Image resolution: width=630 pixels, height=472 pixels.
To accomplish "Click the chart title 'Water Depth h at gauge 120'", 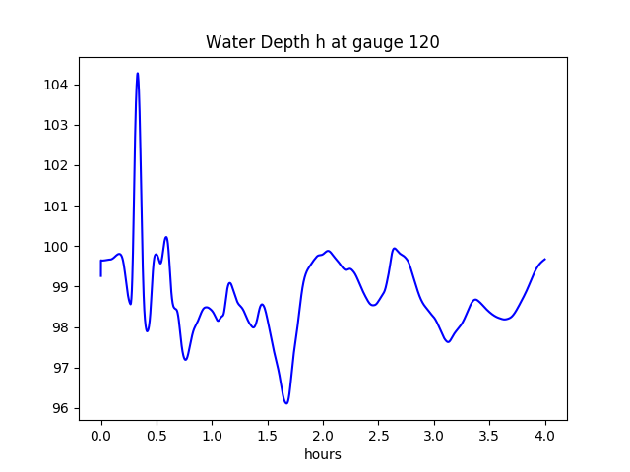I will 322,43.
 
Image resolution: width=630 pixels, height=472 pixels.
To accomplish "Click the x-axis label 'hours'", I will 322,455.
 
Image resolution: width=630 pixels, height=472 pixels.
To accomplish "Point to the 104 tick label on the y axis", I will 55,85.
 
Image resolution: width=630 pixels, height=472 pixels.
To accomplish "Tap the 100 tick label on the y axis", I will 55,247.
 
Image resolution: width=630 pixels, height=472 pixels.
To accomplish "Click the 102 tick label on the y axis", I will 55,166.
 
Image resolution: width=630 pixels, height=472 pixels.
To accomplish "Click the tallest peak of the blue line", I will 137,73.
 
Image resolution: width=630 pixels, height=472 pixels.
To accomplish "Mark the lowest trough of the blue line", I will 286,403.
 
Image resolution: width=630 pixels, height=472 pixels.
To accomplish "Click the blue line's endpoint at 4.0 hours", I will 545,259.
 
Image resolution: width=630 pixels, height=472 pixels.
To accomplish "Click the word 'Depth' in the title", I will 272,43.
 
